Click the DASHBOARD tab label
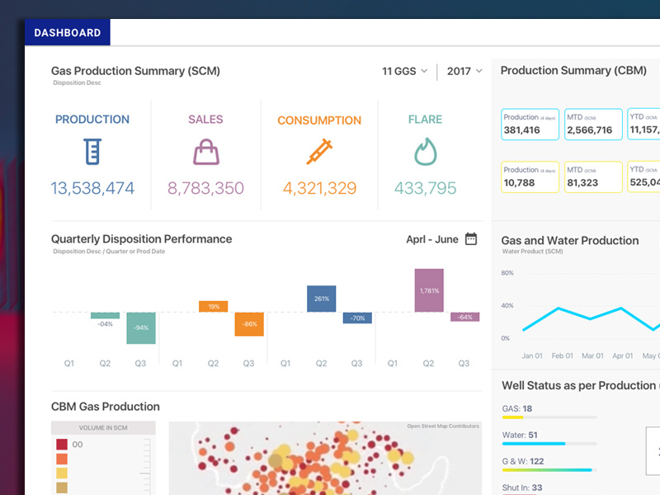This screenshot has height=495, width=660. point(68,33)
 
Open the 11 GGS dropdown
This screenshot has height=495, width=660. point(404,71)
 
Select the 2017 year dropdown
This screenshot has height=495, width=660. point(464,71)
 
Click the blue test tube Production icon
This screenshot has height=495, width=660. point(92,152)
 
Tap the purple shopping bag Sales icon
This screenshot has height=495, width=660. point(205,152)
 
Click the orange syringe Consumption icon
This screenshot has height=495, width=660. point(319,152)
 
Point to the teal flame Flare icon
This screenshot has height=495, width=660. point(425,152)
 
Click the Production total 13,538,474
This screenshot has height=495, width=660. point(92,188)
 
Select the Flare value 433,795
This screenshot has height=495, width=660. point(425,188)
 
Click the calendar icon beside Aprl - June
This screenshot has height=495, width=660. point(471,239)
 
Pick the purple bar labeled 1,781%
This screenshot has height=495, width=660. point(429,290)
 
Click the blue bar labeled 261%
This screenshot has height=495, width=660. point(321,299)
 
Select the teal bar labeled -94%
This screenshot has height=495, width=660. point(141,328)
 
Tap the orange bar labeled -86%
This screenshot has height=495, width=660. point(248,323)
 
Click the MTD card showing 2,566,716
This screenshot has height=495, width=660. point(592,125)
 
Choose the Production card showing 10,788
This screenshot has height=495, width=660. point(530,177)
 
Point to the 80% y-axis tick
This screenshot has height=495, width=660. point(507,273)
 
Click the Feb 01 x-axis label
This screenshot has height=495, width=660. point(562,356)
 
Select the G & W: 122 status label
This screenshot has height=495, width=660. point(523,461)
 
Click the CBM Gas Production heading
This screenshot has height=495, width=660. point(106,407)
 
